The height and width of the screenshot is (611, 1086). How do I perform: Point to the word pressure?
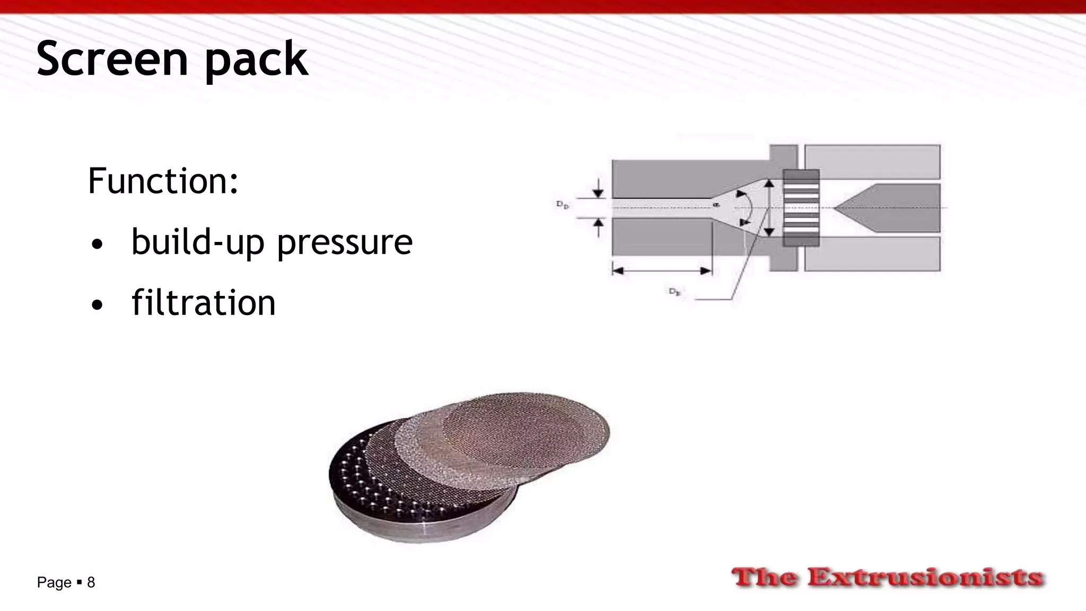[345, 243]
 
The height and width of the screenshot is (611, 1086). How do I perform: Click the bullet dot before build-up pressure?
[97, 245]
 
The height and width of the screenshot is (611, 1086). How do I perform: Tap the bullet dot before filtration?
[97, 305]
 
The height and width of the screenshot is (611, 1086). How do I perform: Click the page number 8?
[91, 582]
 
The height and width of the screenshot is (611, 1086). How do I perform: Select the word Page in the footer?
[54, 582]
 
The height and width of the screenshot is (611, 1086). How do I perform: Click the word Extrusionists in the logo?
[925, 577]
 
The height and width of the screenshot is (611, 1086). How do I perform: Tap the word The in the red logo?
[764, 577]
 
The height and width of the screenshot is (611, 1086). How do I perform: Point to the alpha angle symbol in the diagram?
[716, 204]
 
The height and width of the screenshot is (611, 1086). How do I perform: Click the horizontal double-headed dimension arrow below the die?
[662, 271]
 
